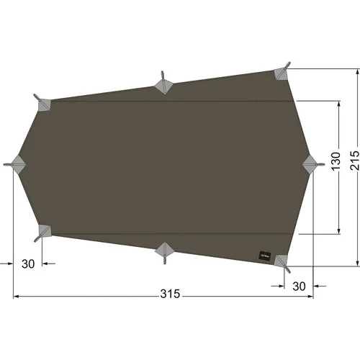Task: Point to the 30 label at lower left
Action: click(x=28, y=264)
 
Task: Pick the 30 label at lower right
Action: click(x=300, y=285)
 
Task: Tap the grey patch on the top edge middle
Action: click(x=163, y=84)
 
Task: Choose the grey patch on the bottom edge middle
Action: click(x=163, y=248)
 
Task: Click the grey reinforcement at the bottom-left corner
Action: click(x=44, y=231)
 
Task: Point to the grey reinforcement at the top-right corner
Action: click(x=282, y=73)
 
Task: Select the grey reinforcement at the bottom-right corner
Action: click(x=281, y=261)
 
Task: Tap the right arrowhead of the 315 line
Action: click(x=314, y=296)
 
